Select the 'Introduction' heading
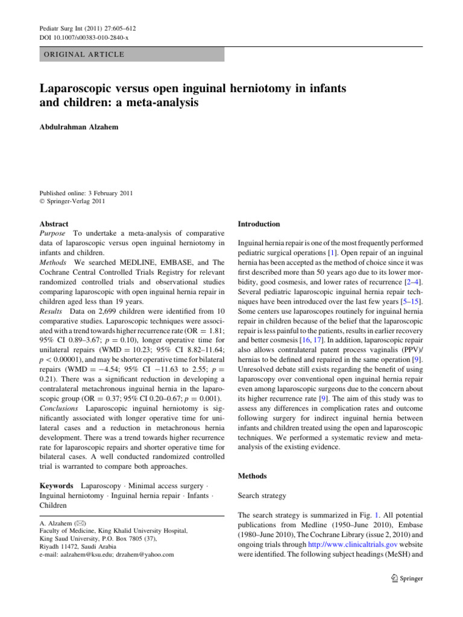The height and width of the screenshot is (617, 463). [260, 224]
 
